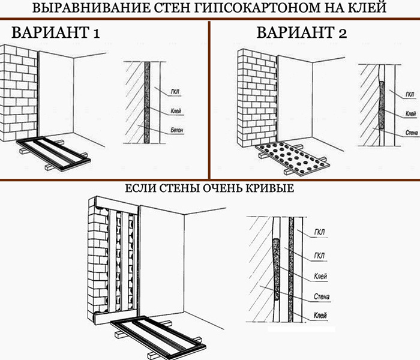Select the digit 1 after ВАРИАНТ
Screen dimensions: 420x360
(97, 33)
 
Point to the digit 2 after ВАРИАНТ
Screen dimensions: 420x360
(343, 33)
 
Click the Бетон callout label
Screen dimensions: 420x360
(177, 130)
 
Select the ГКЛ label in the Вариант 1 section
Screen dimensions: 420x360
(175, 92)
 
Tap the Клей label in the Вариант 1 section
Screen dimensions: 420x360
(176, 110)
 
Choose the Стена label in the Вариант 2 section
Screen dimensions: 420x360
(412, 133)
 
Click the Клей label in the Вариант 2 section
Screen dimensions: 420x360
(410, 114)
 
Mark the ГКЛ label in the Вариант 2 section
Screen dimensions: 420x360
(410, 95)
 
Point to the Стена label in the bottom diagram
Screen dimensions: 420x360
(322, 296)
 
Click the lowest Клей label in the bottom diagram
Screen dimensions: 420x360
(320, 316)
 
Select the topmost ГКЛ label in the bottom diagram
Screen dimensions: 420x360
(319, 232)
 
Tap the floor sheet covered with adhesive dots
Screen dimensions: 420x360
(293, 158)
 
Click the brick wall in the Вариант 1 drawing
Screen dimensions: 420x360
(18, 93)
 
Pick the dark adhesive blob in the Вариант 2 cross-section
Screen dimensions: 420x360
(382, 105)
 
